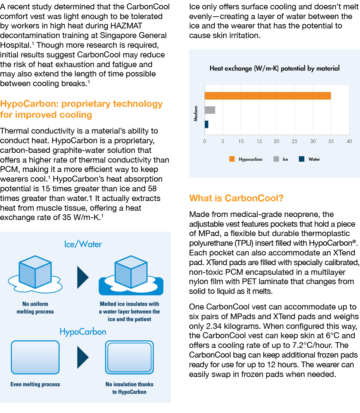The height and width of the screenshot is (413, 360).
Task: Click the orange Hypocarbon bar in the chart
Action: [x=267, y=96]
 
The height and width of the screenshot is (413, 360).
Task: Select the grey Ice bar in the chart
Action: [x=210, y=110]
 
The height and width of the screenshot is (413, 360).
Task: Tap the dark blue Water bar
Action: [x=206, y=124]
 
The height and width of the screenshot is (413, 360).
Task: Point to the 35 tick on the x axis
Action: [x=331, y=141]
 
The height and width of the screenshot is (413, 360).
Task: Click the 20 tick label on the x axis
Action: [x=277, y=141]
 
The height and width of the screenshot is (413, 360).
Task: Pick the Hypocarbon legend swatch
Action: [x=232, y=159]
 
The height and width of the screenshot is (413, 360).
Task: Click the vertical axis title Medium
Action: [x=196, y=114]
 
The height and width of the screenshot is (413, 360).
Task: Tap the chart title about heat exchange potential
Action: [x=275, y=68]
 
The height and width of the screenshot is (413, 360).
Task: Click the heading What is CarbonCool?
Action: [x=236, y=198]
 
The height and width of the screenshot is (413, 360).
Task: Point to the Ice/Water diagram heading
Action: [x=83, y=244]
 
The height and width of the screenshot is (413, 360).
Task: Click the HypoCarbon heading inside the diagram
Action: [x=83, y=332]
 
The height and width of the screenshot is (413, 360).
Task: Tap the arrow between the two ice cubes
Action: [x=83, y=277]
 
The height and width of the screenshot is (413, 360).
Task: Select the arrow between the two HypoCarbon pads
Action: [x=83, y=357]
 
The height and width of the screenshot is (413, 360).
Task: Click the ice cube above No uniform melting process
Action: [x=35, y=272]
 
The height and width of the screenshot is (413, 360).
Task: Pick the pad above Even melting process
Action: [x=35, y=357]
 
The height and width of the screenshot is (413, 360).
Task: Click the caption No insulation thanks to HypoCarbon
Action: [x=129, y=388]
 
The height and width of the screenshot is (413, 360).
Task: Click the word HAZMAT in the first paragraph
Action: [x=126, y=26]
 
